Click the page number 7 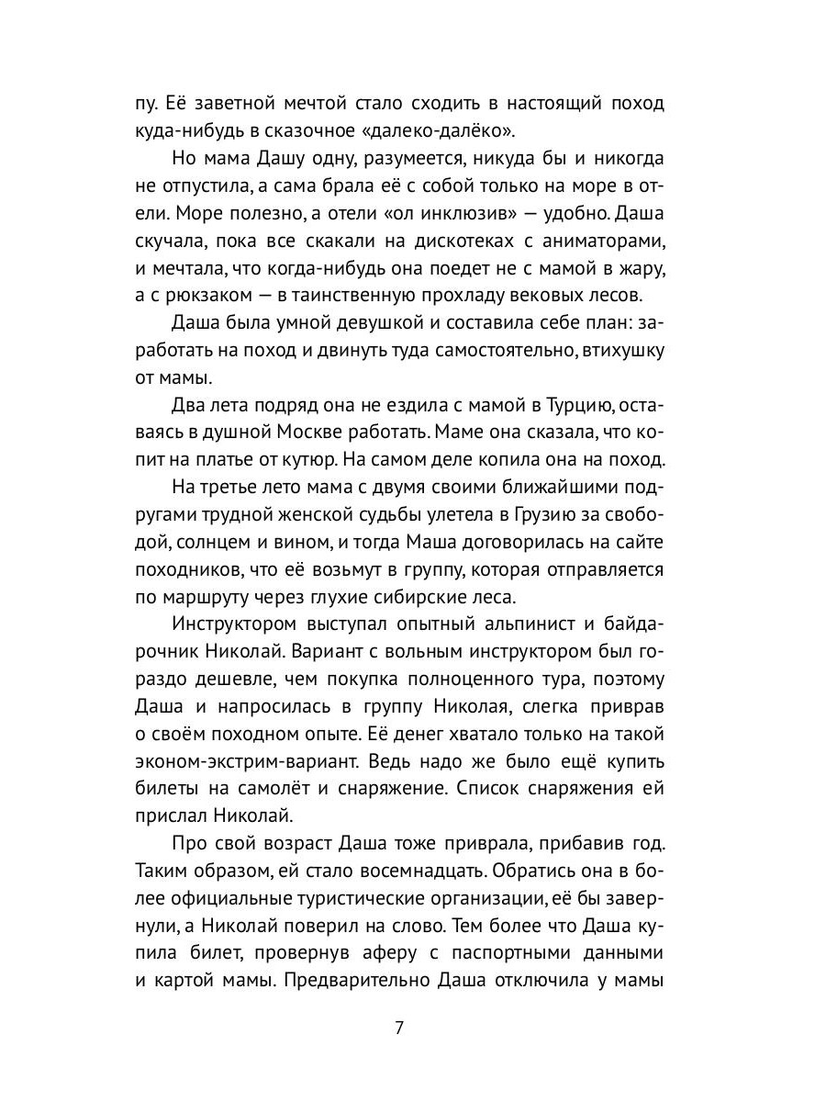pos(399,1028)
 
